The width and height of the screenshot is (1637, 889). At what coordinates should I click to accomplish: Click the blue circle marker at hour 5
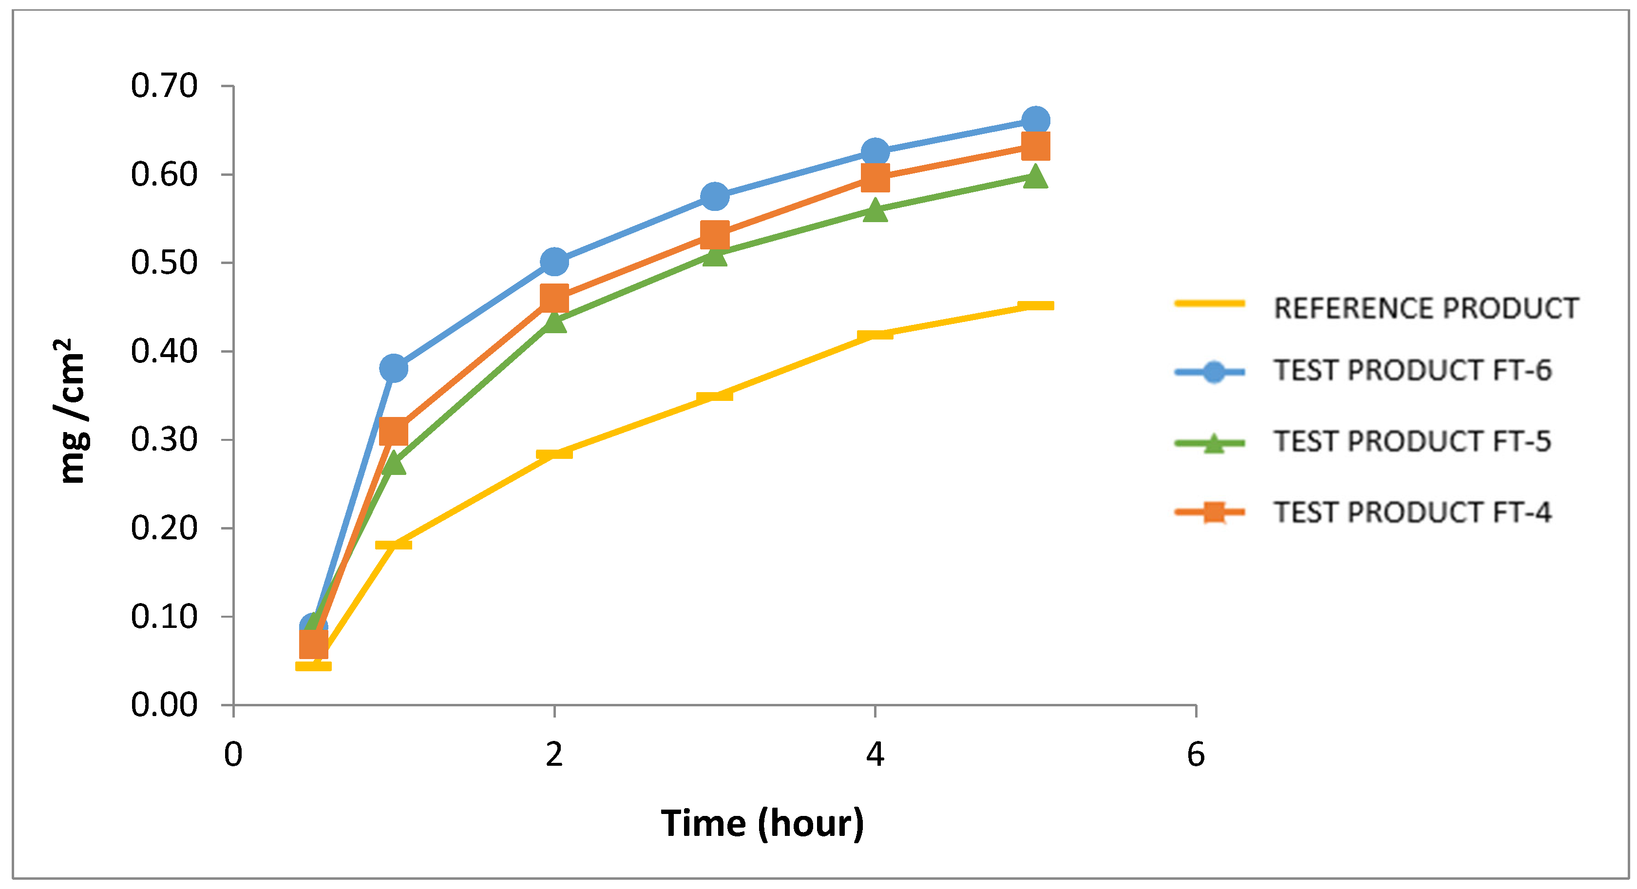[x=1035, y=120]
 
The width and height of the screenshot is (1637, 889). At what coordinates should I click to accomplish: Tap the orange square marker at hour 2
[x=554, y=298]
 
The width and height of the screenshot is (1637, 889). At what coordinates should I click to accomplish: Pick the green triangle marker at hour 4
[x=875, y=209]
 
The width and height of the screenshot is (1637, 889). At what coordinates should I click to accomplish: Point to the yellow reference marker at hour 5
[x=1035, y=305]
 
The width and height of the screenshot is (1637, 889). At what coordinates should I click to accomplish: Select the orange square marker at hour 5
[x=1035, y=146]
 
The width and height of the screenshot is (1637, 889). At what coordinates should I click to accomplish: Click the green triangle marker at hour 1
[x=393, y=463]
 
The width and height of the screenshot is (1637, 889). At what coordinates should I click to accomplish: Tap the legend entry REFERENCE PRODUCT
[x=1426, y=309]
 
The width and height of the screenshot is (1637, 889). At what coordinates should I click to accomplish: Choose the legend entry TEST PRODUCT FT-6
[x=1412, y=371]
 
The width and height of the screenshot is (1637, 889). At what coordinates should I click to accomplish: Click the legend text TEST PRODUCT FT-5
[x=1412, y=442]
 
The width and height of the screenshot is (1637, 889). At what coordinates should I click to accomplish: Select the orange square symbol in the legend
[x=1214, y=511]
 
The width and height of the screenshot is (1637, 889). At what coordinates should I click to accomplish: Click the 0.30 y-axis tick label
[x=164, y=440]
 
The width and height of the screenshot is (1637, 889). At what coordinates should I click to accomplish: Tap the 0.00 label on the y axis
[x=164, y=705]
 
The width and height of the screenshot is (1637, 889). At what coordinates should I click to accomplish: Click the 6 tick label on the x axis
[x=1195, y=755]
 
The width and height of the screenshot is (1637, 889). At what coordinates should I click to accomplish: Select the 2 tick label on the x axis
[x=554, y=755]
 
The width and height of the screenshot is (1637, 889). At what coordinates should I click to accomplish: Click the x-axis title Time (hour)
[x=762, y=824]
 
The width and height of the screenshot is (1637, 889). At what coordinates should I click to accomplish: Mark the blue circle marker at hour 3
[x=714, y=196]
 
